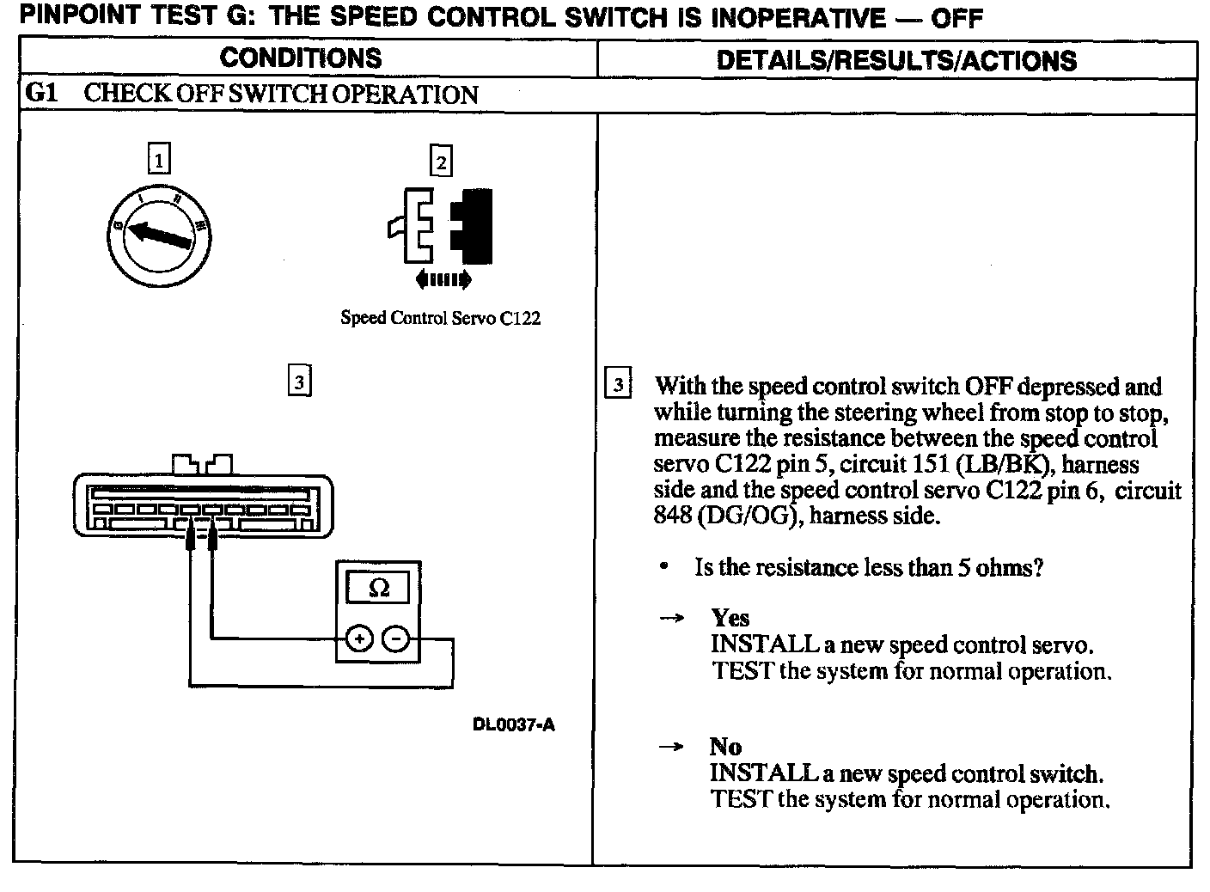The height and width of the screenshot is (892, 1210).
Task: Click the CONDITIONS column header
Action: click(x=300, y=58)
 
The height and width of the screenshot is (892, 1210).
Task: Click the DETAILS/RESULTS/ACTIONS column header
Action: click(x=895, y=59)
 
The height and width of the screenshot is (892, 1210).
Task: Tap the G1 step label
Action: click(x=41, y=94)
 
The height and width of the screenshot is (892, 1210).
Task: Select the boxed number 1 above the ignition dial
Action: click(x=159, y=160)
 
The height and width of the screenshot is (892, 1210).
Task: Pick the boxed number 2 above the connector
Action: click(x=441, y=162)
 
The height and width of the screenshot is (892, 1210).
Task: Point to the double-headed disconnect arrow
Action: click(x=442, y=279)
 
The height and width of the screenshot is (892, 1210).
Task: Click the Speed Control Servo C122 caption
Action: click(x=440, y=318)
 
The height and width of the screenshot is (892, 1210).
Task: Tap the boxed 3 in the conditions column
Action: click(x=298, y=381)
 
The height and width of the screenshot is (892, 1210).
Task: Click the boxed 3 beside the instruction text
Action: click(x=618, y=383)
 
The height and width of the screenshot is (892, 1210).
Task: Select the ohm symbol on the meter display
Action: click(x=378, y=588)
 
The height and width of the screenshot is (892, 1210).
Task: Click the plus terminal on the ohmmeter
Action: click(x=358, y=638)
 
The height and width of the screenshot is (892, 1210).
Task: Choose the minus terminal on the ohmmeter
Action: click(x=395, y=638)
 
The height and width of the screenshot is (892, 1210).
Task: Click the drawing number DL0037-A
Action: click(x=513, y=724)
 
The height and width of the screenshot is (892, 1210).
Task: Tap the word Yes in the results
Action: click(x=730, y=618)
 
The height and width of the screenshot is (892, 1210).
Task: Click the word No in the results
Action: click(x=725, y=747)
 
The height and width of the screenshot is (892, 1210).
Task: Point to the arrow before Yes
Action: click(x=671, y=619)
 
